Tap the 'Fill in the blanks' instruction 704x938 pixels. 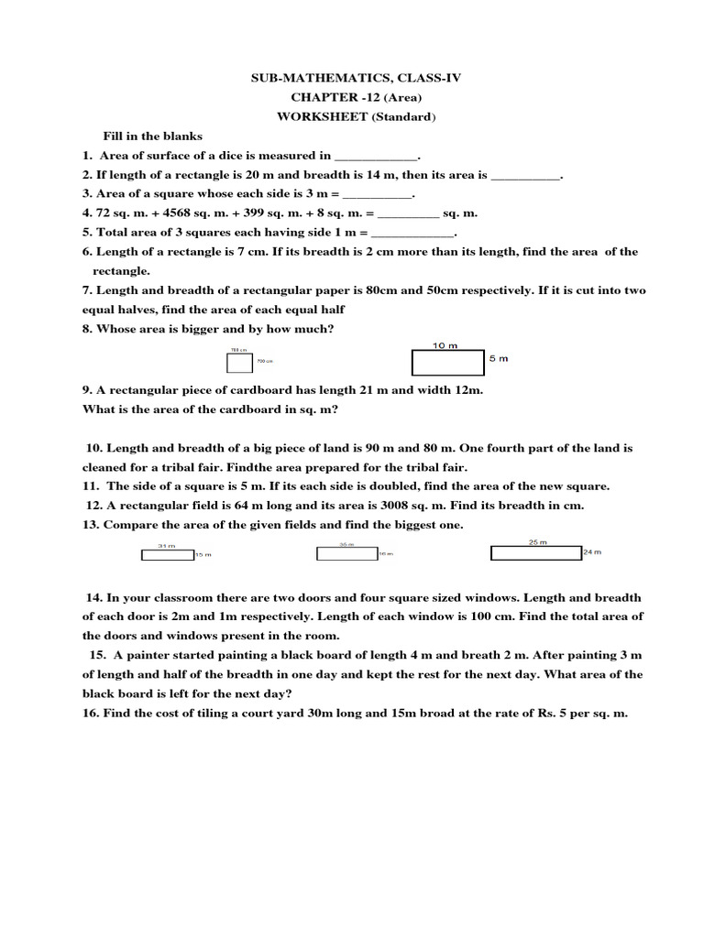[152, 136]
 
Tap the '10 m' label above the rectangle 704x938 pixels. [445, 345]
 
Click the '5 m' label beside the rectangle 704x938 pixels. [498, 359]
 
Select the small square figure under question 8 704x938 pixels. [238, 364]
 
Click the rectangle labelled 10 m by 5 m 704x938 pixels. [447, 364]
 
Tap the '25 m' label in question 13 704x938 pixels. [537, 541]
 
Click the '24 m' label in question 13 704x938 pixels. [592, 551]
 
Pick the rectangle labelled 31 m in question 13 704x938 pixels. [166, 554]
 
